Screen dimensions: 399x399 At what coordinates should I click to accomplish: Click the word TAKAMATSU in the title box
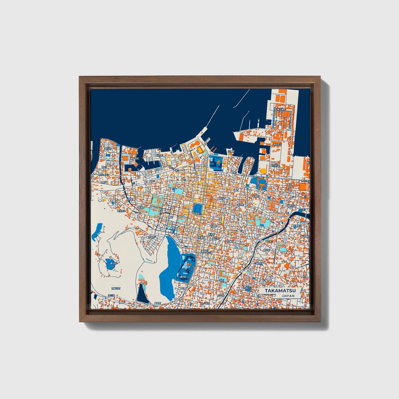(280, 291)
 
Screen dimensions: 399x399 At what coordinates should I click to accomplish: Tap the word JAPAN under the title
(288, 296)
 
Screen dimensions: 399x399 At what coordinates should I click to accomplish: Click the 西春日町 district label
(116, 288)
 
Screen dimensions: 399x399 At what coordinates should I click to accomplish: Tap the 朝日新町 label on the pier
(281, 110)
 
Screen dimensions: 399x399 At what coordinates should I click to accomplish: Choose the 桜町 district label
(222, 280)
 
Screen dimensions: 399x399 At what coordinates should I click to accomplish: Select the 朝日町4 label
(278, 144)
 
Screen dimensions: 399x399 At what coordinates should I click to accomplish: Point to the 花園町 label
(231, 241)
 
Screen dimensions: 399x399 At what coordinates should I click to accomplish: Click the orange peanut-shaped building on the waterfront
(195, 144)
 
